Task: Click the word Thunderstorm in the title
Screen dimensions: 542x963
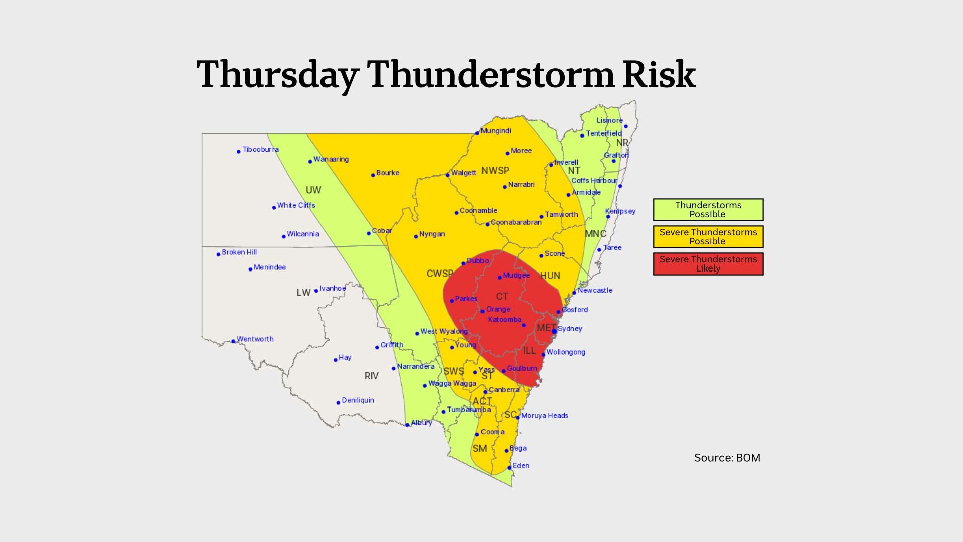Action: point(490,75)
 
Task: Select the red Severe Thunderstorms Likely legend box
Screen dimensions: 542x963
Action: point(708,264)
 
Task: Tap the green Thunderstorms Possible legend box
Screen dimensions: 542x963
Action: point(708,210)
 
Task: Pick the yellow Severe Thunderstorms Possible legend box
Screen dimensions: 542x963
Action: point(708,237)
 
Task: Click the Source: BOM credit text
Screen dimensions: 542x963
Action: point(727,458)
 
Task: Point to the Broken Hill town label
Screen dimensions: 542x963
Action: point(239,252)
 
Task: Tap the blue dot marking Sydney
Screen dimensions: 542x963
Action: point(554,331)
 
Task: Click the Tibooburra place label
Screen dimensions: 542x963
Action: point(260,150)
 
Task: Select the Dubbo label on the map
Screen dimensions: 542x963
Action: point(477,261)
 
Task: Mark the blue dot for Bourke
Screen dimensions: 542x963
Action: point(373,175)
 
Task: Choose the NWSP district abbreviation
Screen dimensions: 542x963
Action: point(495,171)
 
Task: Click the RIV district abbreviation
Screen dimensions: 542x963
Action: point(371,376)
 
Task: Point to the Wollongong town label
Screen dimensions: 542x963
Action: point(566,352)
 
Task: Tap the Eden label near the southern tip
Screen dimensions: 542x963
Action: point(521,466)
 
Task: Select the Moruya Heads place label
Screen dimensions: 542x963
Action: point(544,416)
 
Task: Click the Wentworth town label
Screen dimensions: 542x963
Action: point(255,339)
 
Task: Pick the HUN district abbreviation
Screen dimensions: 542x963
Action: point(550,276)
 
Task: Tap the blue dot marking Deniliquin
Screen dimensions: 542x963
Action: point(338,403)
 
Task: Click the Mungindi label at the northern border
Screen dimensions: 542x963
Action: point(496,131)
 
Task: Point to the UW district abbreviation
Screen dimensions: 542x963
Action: point(313,190)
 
